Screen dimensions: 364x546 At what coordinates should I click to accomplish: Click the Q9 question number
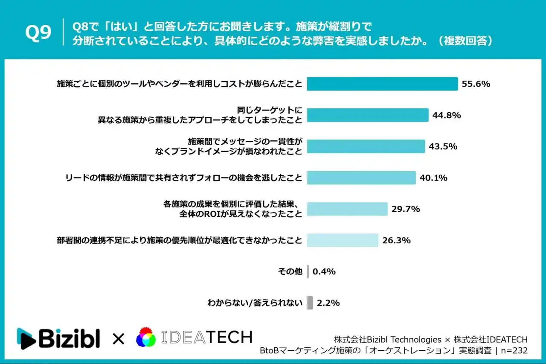[38, 33]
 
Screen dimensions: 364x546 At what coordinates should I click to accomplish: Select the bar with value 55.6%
[382, 84]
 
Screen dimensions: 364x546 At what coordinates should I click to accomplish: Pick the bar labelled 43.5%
[366, 146]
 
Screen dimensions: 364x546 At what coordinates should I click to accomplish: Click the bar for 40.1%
[361, 178]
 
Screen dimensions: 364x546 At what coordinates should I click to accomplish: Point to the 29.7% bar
[347, 209]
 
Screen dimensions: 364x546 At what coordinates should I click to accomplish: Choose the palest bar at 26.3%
[343, 240]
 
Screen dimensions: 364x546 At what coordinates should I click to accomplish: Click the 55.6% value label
[476, 84]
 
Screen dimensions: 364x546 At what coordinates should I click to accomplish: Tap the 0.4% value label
[324, 271]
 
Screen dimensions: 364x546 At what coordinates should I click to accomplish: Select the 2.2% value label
[328, 303]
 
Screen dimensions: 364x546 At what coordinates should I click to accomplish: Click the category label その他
[290, 271]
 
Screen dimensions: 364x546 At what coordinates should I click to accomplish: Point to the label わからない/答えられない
[255, 303]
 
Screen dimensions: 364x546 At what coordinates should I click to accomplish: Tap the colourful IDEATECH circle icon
[146, 338]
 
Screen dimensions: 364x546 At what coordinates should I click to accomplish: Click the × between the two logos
[118, 339]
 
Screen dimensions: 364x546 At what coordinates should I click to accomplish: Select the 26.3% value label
[396, 240]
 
